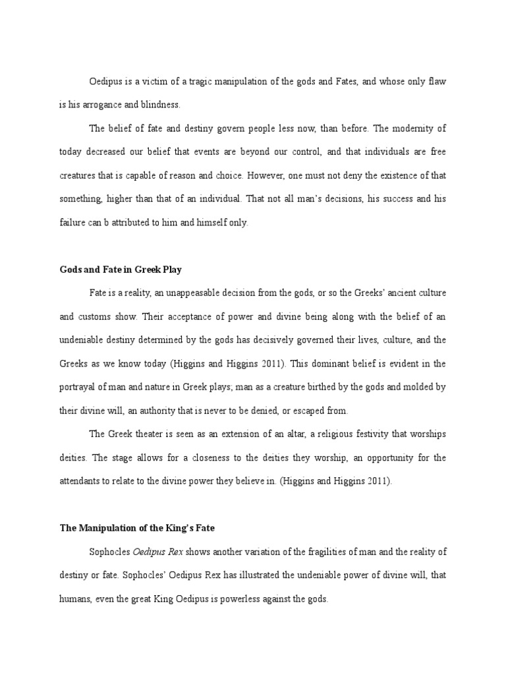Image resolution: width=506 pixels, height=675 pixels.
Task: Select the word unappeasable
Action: (x=202, y=292)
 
